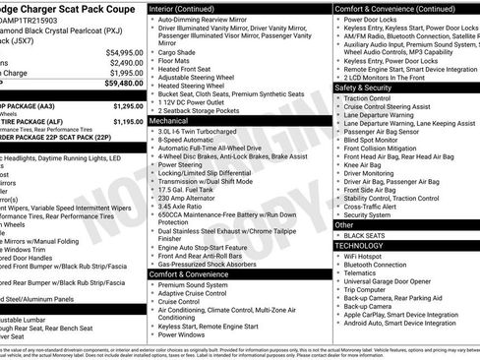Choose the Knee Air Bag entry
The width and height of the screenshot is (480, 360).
click(364, 167)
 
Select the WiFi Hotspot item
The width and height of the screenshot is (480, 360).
click(368, 256)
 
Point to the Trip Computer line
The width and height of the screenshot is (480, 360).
click(369, 289)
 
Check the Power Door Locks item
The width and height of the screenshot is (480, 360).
click(371, 19)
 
